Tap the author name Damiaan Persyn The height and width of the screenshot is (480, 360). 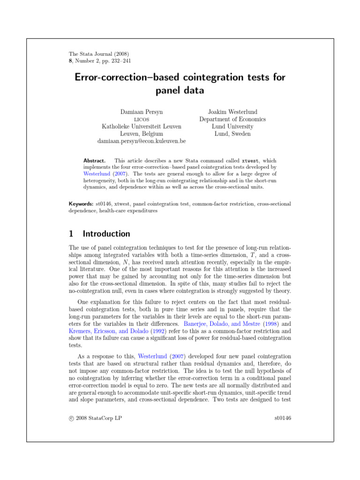[x=142, y=112]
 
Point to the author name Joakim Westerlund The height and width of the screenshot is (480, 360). [x=232, y=112]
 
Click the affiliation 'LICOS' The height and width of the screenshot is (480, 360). [x=142, y=120]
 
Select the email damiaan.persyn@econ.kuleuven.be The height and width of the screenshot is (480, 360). [x=142, y=141]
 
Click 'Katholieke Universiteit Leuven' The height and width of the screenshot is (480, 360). [x=142, y=127]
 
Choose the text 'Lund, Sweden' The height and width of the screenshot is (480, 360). [x=232, y=134]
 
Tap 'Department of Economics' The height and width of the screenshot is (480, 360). [x=232, y=119]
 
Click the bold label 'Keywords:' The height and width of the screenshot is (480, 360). [x=81, y=204]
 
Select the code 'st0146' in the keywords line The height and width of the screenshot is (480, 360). [x=105, y=204]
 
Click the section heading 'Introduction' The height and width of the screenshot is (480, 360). [x=106, y=234]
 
